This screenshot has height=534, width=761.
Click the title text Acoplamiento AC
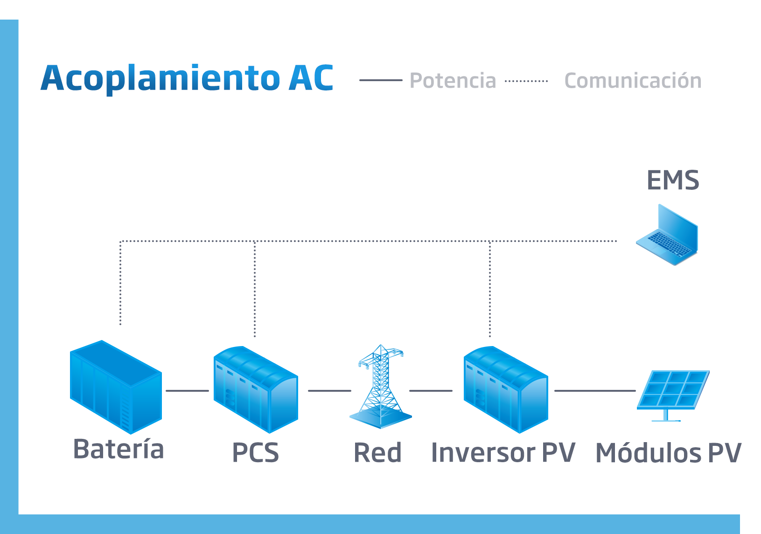[x=187, y=78]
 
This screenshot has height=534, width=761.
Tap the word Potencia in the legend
[x=453, y=81]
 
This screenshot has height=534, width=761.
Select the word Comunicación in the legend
[x=633, y=81]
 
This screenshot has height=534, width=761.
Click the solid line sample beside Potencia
[x=380, y=80]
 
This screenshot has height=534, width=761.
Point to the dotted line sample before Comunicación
[x=526, y=81]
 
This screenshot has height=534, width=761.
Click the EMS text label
[x=672, y=180]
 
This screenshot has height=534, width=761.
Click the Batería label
[x=119, y=449]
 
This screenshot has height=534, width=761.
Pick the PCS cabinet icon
[x=255, y=389]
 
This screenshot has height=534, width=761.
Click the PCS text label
[x=255, y=453]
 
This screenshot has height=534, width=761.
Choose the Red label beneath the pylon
[x=377, y=453]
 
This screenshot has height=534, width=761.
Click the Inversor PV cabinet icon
[x=505, y=389]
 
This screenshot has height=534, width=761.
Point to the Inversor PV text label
[x=503, y=453]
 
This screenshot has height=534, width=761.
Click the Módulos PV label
[x=668, y=453]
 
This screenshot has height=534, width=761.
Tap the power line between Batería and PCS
[x=187, y=391]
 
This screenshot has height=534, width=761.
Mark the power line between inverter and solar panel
[x=595, y=391]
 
